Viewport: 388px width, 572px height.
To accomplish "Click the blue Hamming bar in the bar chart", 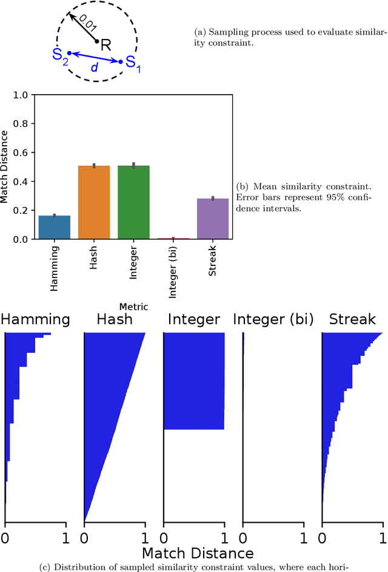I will tap(54, 228).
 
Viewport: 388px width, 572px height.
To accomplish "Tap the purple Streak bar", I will tap(213, 219).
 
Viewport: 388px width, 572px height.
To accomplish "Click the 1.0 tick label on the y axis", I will tap(21, 95).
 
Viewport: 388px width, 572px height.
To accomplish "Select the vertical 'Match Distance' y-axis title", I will tap(5, 167).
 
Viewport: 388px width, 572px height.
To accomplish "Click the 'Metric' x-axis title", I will tap(133, 307).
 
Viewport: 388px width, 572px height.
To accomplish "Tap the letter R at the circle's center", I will tap(106, 44).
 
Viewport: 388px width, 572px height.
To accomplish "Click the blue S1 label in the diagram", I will tap(132, 64).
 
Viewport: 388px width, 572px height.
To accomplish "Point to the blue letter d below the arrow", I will tap(94, 67).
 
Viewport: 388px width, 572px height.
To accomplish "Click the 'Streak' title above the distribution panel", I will tap(352, 319).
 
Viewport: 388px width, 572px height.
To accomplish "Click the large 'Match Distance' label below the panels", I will tap(197, 553).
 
